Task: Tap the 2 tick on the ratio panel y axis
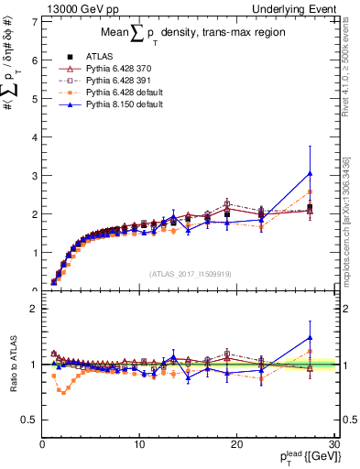tap(34, 309)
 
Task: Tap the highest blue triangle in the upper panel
tap(311, 173)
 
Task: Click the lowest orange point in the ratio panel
tap(63, 392)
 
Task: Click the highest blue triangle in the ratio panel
tap(311, 337)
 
